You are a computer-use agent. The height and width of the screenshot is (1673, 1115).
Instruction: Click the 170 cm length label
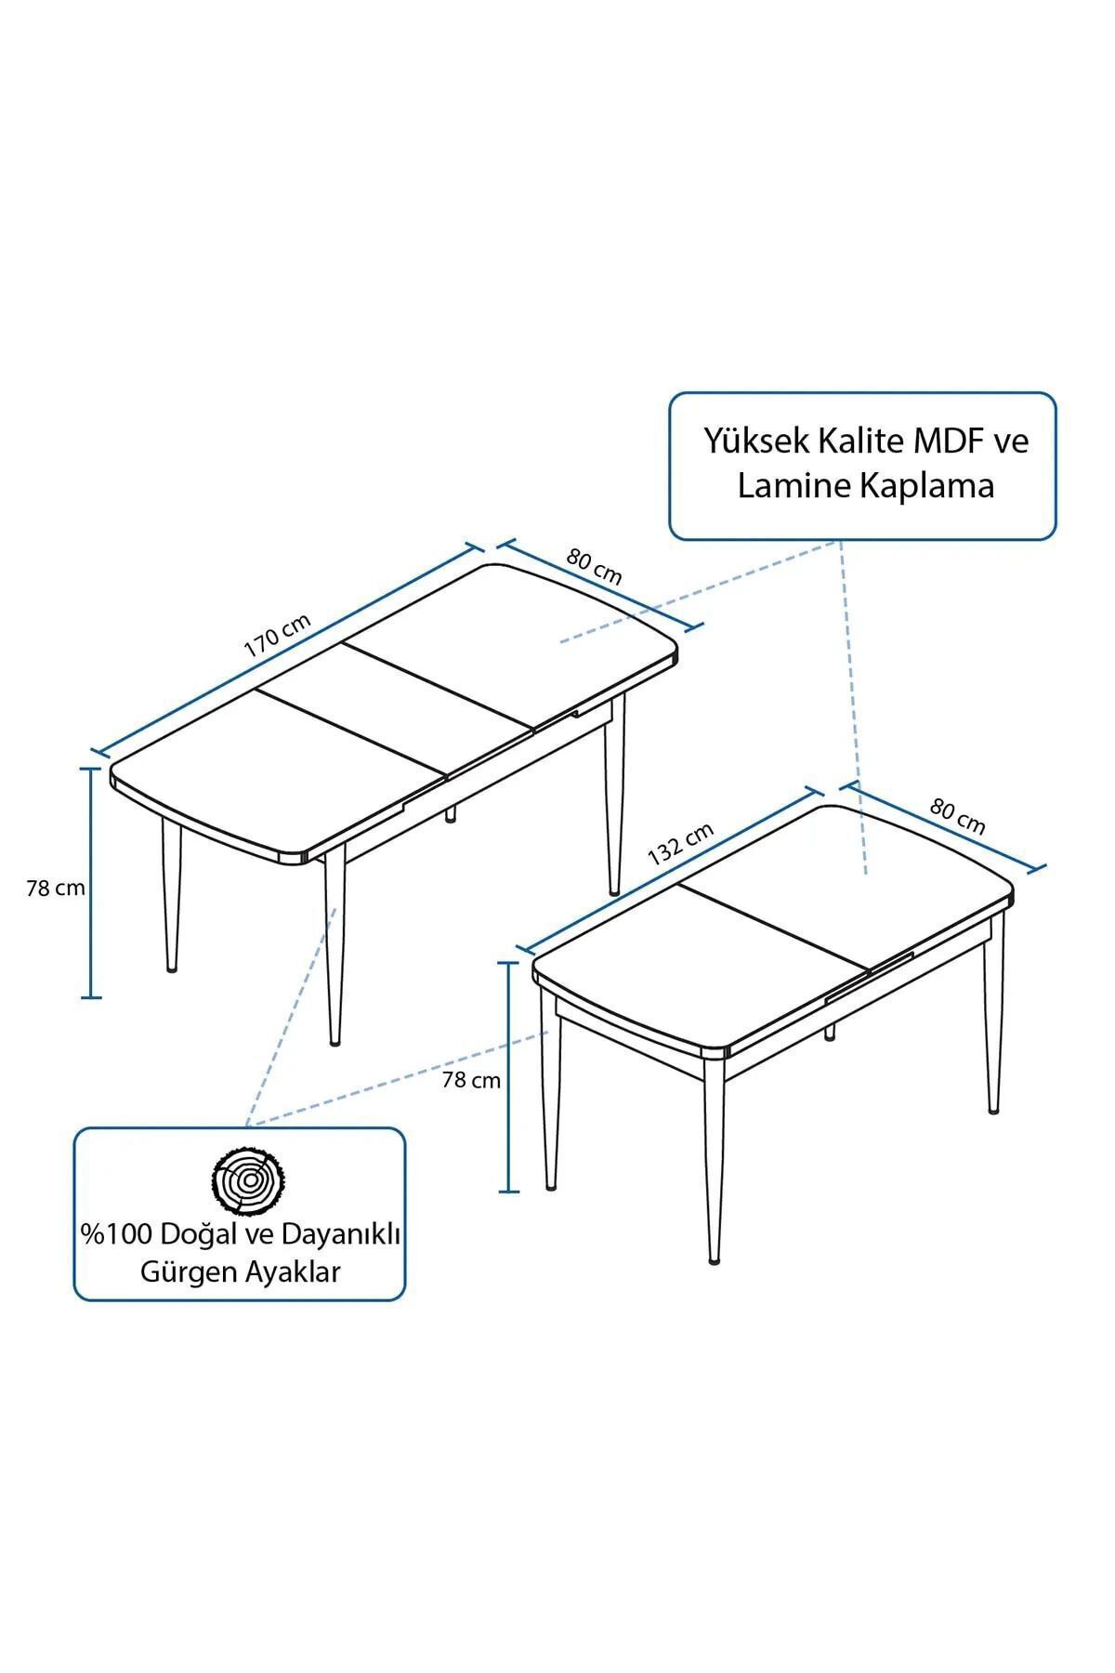277,636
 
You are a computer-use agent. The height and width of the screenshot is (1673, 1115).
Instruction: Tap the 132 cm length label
680,844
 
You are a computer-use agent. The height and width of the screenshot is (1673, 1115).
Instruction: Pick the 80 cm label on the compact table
958,817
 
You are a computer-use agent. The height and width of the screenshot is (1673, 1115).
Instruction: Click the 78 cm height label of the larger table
56,888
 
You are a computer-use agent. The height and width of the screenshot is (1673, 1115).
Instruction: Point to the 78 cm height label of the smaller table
471,1080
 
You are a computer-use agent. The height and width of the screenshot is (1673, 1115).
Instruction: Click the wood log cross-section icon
246,1181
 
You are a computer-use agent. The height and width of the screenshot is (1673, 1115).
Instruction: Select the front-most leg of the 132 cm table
715,1161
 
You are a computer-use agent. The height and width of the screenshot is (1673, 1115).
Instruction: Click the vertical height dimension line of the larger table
91,882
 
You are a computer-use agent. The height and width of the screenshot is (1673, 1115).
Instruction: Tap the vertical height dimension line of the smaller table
508,1076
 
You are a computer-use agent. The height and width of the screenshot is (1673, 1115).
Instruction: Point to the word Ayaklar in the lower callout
292,1272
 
